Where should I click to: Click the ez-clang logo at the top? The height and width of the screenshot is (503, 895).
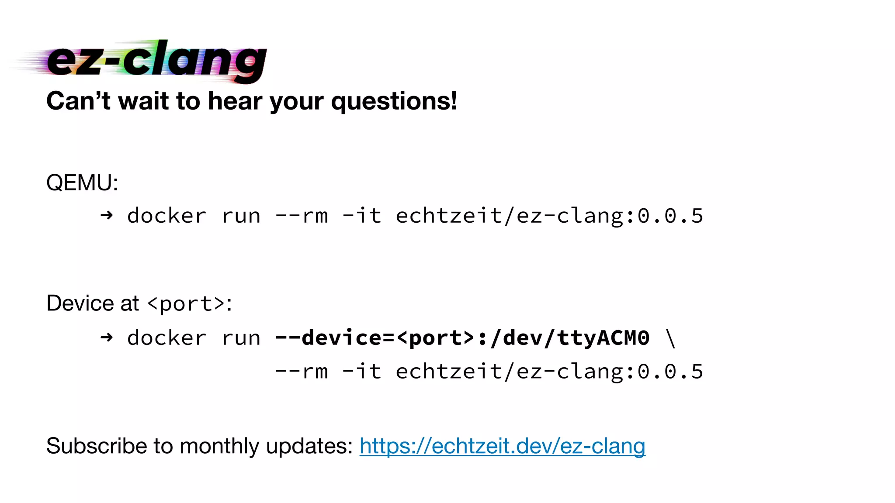point(155,61)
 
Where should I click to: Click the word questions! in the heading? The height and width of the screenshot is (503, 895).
point(394,102)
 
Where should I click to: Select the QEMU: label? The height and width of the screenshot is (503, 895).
point(82,183)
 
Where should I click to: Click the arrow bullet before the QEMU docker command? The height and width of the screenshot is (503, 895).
point(107,215)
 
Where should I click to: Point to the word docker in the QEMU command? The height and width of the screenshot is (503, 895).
point(167,216)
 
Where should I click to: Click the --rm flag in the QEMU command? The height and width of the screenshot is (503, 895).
point(301,216)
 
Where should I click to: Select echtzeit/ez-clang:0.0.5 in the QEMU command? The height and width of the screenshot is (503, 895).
point(549,216)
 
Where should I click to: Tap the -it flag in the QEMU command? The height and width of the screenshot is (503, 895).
point(362,216)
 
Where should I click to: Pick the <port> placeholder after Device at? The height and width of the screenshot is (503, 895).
point(186,303)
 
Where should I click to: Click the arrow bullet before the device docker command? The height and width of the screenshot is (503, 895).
point(107,338)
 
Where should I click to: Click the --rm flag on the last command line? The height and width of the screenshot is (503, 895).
point(301,372)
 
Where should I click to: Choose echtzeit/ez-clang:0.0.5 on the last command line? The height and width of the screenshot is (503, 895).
point(549,372)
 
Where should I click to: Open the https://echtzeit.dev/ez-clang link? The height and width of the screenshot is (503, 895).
point(502,446)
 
